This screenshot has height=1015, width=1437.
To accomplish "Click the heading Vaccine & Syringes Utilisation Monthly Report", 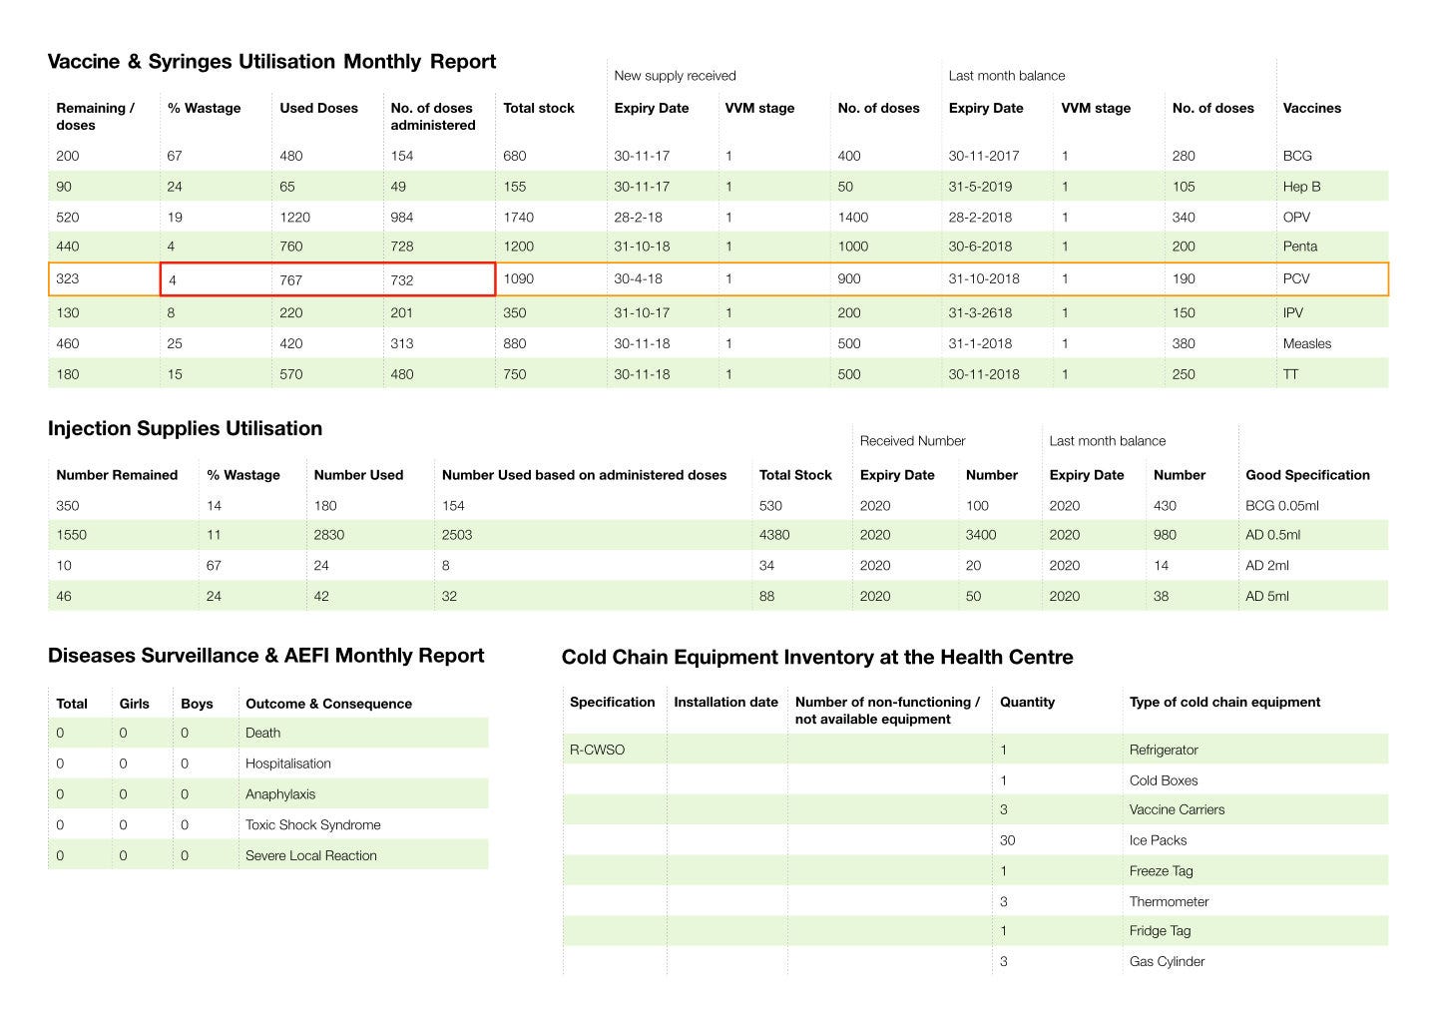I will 271,62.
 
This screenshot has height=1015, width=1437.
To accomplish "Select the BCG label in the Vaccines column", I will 1297,156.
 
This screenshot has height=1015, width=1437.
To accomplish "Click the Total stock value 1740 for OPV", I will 518,217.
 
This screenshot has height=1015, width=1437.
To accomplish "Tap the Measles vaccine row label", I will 1306,343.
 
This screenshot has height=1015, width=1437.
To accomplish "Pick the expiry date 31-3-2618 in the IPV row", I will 980,312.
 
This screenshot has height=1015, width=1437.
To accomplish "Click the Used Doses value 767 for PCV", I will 290,280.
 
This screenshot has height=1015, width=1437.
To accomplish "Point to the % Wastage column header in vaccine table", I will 204,108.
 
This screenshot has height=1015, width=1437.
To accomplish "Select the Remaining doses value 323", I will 68,278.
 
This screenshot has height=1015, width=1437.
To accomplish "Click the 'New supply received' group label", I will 675,76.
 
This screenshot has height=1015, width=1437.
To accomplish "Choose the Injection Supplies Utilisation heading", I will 185,428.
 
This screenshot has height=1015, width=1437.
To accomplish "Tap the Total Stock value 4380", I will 774,535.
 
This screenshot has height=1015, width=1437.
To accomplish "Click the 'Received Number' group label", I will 912,441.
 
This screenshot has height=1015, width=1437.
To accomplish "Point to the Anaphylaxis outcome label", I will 279,794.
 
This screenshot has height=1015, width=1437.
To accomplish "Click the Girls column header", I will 134,704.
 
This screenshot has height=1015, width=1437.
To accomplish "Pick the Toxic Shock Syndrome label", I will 312,824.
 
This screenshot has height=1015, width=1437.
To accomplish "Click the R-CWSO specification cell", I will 597,750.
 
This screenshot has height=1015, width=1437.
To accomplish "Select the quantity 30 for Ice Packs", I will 1007,840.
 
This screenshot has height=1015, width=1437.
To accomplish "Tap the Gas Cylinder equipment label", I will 1167,961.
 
